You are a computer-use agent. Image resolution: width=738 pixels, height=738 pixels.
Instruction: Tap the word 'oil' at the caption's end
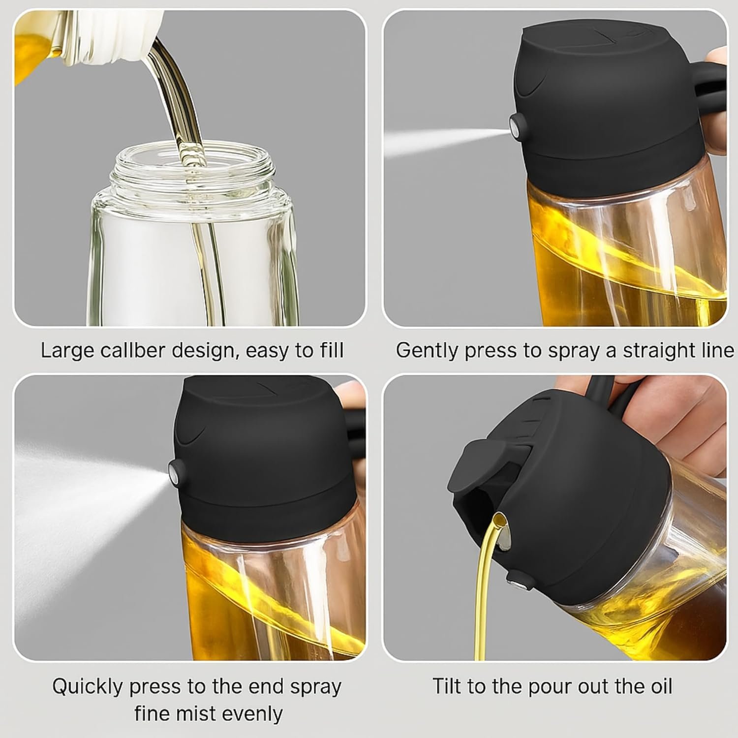[x=659, y=686]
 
